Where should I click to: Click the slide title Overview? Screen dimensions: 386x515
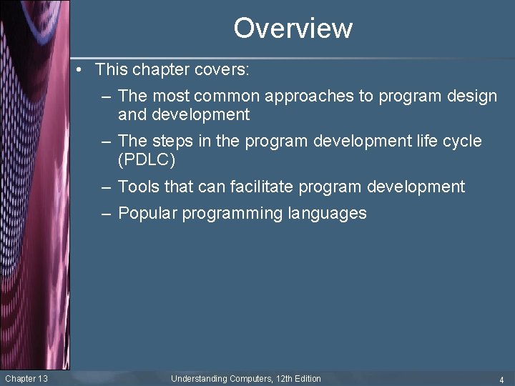click(x=293, y=29)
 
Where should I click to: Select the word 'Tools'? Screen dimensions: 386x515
click(x=139, y=187)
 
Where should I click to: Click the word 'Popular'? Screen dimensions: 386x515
click(x=147, y=213)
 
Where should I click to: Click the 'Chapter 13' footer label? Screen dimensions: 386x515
click(x=26, y=379)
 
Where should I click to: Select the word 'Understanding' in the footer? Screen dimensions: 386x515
click(x=199, y=379)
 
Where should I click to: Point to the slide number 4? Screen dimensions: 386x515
click(x=501, y=380)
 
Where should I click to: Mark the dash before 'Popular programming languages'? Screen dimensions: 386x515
click(x=106, y=214)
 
